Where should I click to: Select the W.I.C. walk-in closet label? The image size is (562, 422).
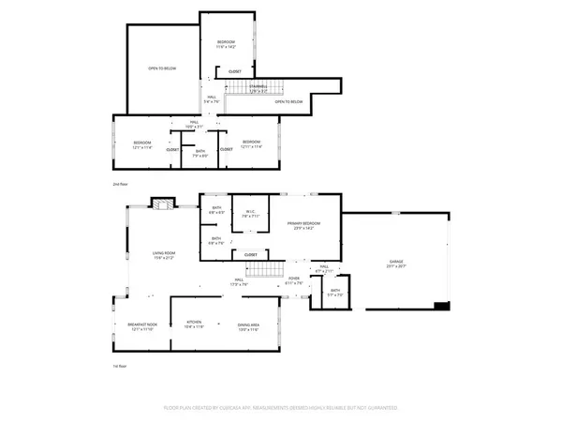coord(249,213)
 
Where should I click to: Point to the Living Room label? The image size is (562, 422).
coord(165,255)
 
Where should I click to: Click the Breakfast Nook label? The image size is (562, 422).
coord(141,327)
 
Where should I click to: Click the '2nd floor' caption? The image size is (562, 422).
coord(120,186)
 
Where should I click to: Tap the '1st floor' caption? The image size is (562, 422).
coord(120,369)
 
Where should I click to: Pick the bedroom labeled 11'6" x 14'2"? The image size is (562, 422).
coord(227,44)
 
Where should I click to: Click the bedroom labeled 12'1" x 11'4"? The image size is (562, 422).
coord(141,143)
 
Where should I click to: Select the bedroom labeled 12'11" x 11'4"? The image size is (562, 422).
coord(249,143)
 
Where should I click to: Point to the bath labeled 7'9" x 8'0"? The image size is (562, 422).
coord(200,153)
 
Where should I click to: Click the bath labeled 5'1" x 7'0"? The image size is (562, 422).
coord(335,292)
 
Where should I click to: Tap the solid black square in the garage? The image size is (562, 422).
coord(441,305)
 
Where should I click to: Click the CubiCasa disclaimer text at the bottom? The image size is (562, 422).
coord(281,409)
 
